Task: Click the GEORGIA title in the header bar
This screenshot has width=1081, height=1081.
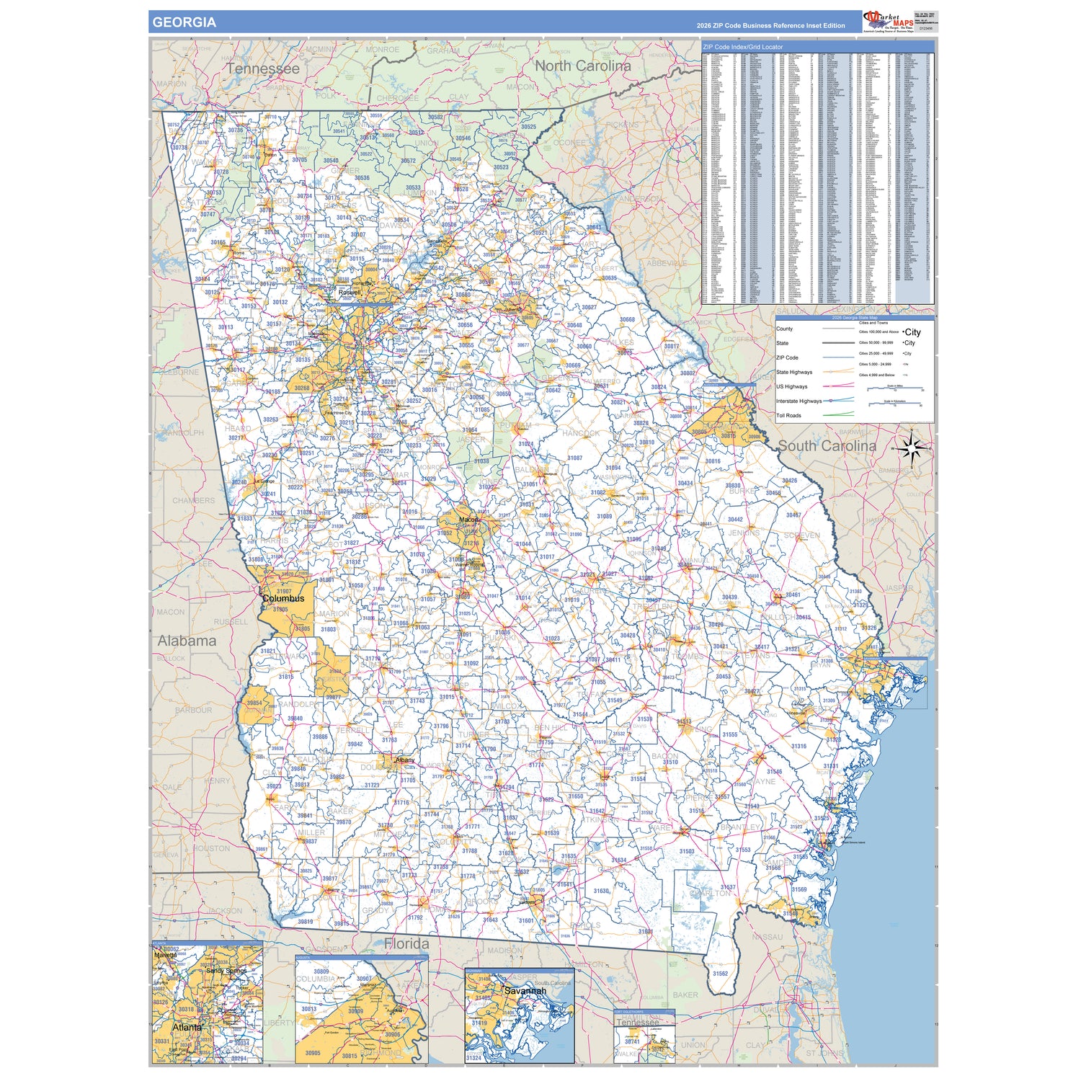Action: (184, 22)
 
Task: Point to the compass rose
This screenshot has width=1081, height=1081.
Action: (912, 448)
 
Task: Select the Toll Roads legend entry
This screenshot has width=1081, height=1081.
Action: (788, 416)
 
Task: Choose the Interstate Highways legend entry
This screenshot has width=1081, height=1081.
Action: (798, 401)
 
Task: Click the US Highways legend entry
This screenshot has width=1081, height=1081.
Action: (791, 387)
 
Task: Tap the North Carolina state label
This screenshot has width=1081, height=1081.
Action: (582, 66)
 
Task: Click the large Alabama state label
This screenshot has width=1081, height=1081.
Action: (187, 641)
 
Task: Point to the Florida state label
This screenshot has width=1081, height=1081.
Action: (406, 943)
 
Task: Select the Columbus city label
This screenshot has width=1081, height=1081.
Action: (283, 598)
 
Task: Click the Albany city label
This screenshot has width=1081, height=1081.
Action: (405, 760)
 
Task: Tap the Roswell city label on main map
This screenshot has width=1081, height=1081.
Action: (350, 293)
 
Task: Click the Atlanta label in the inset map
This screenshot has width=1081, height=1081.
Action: (187, 1027)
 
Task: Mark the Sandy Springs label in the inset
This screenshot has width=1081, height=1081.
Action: (226, 971)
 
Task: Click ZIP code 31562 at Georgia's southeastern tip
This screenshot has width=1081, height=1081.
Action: (720, 974)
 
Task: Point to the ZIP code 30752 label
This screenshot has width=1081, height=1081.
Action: (173, 125)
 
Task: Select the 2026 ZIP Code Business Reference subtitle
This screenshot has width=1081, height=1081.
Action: (770, 26)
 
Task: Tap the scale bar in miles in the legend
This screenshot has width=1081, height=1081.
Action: (895, 390)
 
